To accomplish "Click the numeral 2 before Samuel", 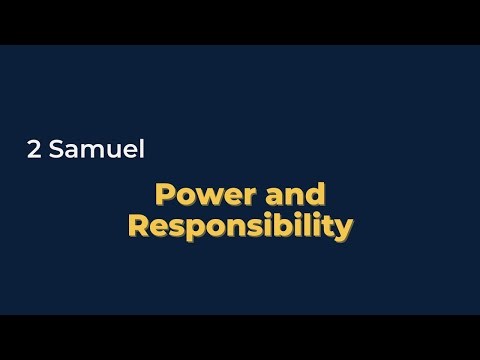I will (34, 152).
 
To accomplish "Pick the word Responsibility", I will (240, 226).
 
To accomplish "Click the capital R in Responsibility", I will (138, 226).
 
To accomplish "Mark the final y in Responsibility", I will (343, 229).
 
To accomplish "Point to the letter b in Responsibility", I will (267, 226).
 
